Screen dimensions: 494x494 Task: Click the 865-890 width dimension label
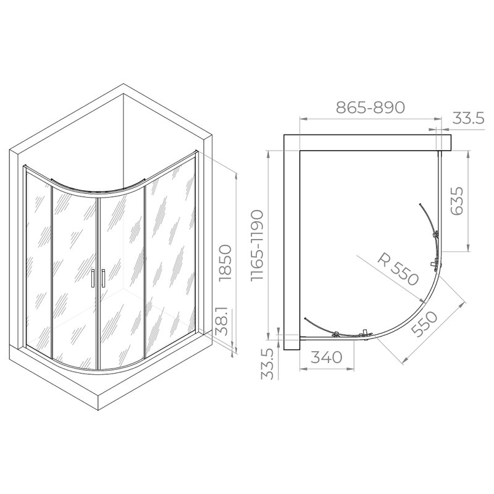coord(370,107)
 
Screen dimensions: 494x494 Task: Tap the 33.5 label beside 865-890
coord(469,119)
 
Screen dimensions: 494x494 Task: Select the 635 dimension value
coord(458,201)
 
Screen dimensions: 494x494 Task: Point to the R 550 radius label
coord(398,269)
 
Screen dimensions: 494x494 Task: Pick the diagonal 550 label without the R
coord(424,324)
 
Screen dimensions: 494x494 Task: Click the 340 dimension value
coord(327,358)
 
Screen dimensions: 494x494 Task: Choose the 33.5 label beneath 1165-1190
coord(267,365)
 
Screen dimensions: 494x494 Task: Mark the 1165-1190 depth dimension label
coord(257,245)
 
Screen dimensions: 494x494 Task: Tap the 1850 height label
coord(225,263)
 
